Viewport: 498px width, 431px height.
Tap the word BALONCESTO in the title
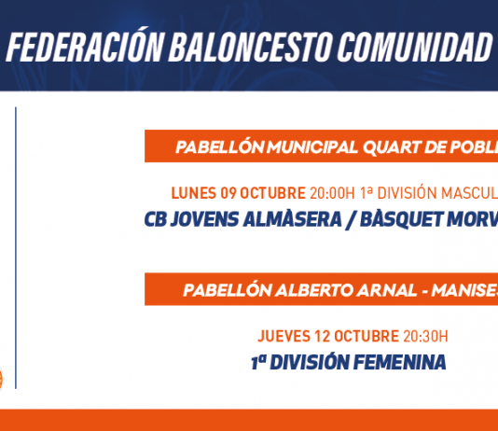point(250,47)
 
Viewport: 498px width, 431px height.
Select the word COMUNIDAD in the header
point(414,47)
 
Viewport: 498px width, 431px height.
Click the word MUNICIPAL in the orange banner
point(311,147)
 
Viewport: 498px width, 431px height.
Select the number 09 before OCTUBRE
point(228,193)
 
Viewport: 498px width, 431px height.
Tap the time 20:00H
point(332,193)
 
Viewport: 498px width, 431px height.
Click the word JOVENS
point(204,219)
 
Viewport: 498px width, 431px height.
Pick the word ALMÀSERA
point(292,218)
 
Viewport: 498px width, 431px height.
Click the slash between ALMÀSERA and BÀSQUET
point(351,220)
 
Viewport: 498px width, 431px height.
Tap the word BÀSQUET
point(401,219)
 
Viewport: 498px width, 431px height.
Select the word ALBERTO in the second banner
point(313,290)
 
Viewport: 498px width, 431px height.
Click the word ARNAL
point(387,290)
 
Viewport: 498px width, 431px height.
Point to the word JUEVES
point(284,336)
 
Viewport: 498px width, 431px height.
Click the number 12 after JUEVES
point(322,336)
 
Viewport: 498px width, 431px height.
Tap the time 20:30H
point(425,336)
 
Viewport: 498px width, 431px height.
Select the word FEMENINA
point(400,362)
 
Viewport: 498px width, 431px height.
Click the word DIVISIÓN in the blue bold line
point(310,362)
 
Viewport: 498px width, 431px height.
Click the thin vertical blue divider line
point(16,248)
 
